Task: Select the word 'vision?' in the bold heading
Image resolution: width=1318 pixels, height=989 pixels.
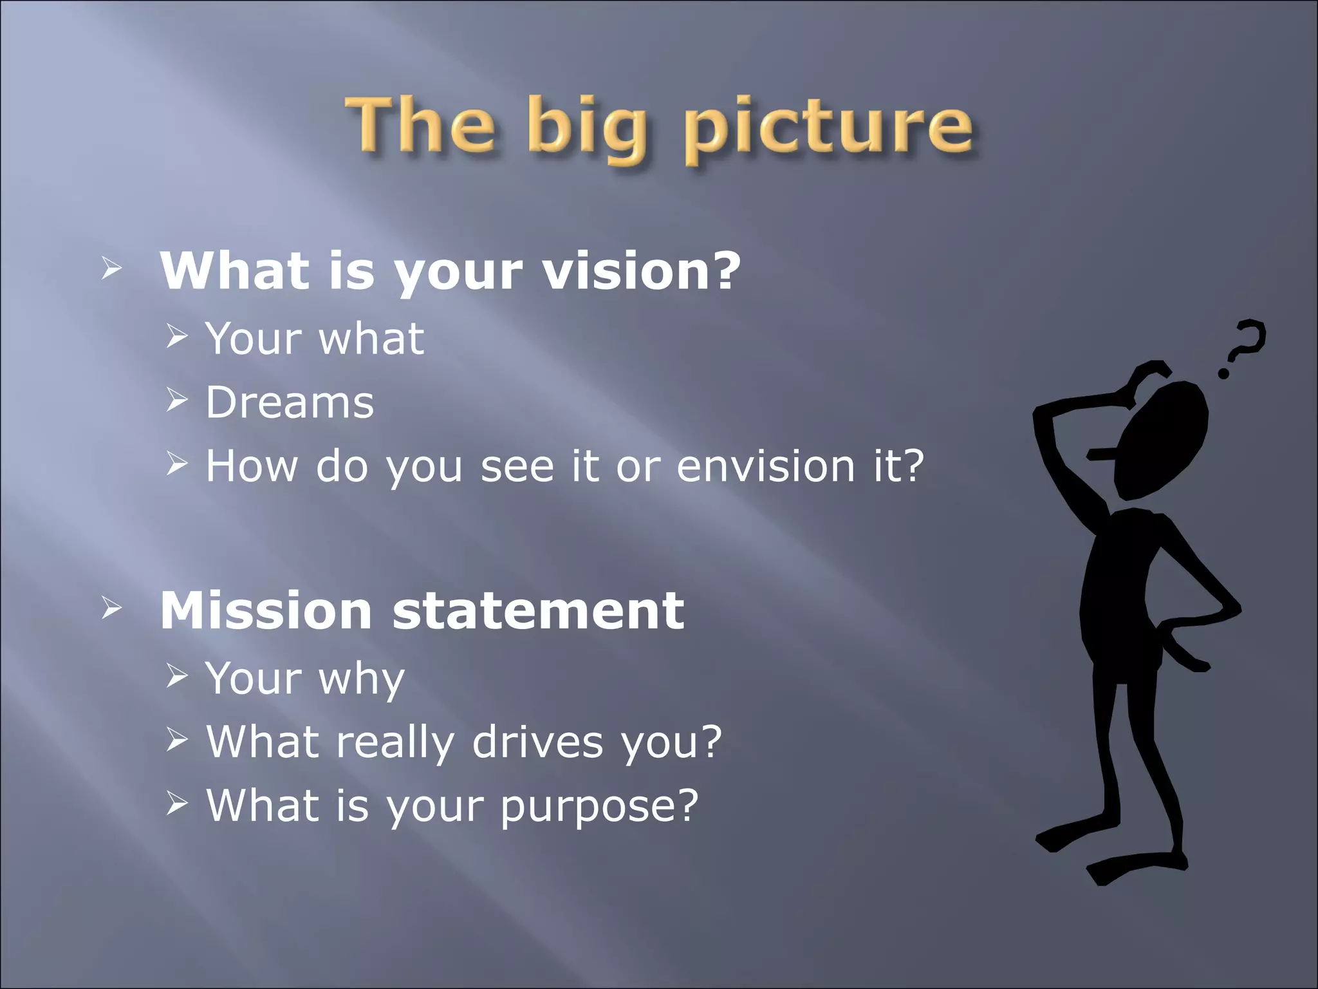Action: click(642, 270)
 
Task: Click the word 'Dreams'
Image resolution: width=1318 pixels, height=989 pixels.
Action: click(290, 402)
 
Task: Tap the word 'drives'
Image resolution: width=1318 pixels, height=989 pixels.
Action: click(537, 742)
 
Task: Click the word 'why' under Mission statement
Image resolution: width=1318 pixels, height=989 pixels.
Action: click(362, 679)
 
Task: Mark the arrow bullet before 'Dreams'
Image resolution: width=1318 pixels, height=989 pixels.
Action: click(176, 401)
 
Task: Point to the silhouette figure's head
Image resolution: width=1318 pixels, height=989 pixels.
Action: click(1162, 438)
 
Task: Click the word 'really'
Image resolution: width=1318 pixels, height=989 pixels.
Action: click(394, 742)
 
